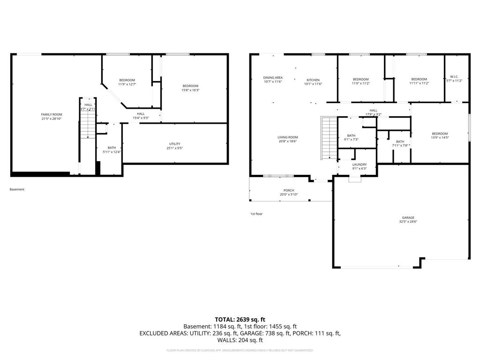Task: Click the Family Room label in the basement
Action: pos(52,114)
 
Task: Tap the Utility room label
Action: pos(175,144)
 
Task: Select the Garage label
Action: pos(408,217)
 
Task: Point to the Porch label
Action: pos(289,190)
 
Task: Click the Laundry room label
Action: pos(360,165)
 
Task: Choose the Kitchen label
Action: pos(313,80)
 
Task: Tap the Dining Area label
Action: pos(273,77)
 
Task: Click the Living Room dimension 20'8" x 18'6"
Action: pos(287,141)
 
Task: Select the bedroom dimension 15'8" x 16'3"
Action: pos(190,90)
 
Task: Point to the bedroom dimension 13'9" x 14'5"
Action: pos(440,138)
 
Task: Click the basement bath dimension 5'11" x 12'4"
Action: pos(112,152)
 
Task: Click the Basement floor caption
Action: pos(17,189)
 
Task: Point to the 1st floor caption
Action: pos(256,214)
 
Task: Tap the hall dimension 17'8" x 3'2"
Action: pos(374,114)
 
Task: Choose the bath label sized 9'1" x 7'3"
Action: pos(352,135)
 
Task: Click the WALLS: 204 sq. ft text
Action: pos(240,340)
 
